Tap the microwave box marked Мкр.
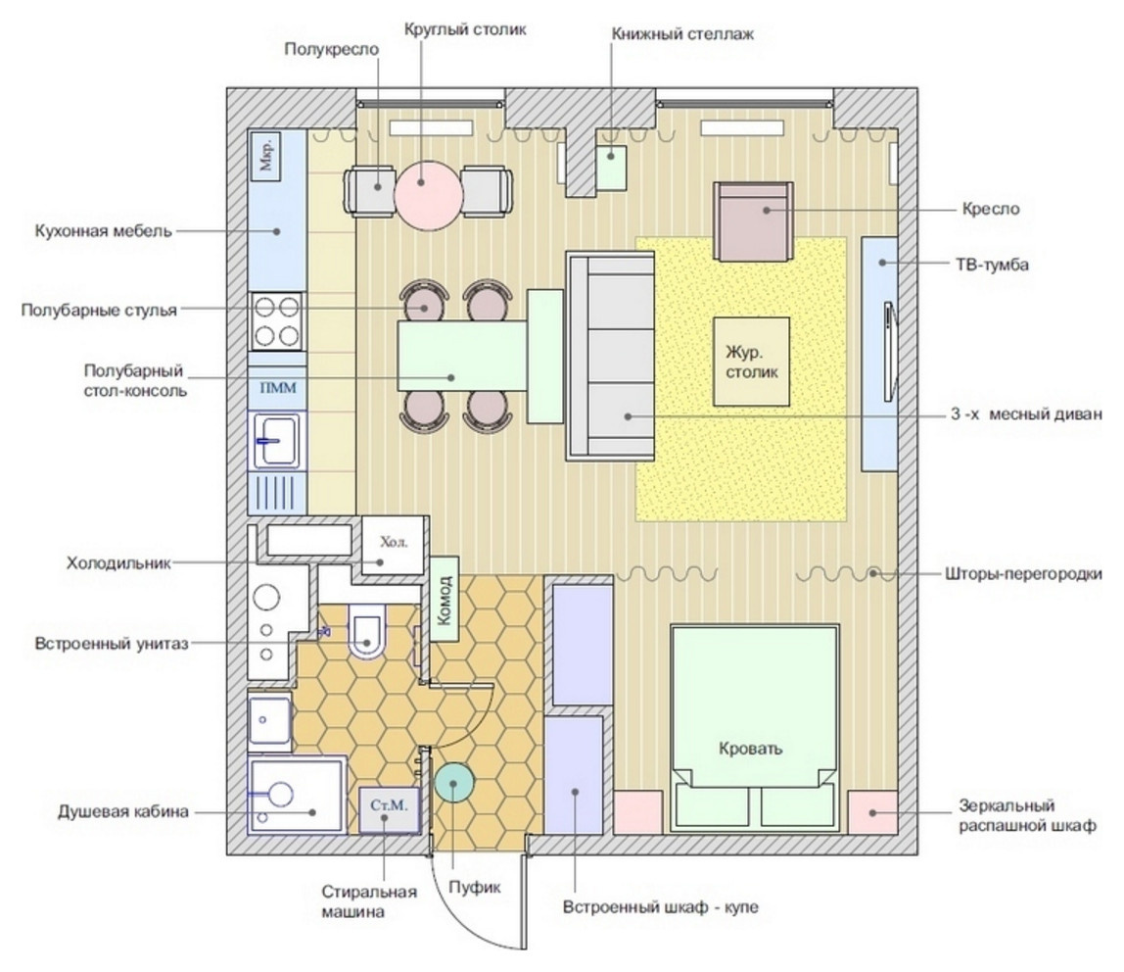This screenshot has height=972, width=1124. click(266, 156)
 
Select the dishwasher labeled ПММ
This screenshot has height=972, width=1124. click(277, 388)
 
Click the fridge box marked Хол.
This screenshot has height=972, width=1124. click(393, 545)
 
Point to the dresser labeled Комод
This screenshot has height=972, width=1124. click(445, 599)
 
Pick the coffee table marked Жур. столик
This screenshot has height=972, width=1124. click(751, 362)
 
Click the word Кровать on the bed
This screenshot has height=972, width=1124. click(751, 749)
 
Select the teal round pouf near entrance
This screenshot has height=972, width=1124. click(453, 783)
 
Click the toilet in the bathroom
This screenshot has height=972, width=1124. click(367, 630)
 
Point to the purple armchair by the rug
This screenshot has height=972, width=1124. click(753, 220)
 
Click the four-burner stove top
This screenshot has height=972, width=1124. click(277, 322)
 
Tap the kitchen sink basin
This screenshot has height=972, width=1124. click(277, 441)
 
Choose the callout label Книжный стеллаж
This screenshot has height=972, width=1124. click(682, 33)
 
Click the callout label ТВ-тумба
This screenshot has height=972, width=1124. click(992, 265)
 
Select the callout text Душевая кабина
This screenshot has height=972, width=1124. click(123, 812)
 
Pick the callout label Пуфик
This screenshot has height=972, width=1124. click(475, 888)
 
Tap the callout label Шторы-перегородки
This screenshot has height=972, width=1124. click(1024, 574)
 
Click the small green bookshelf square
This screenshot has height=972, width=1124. click(612, 168)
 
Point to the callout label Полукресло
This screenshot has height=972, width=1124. click(331, 50)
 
